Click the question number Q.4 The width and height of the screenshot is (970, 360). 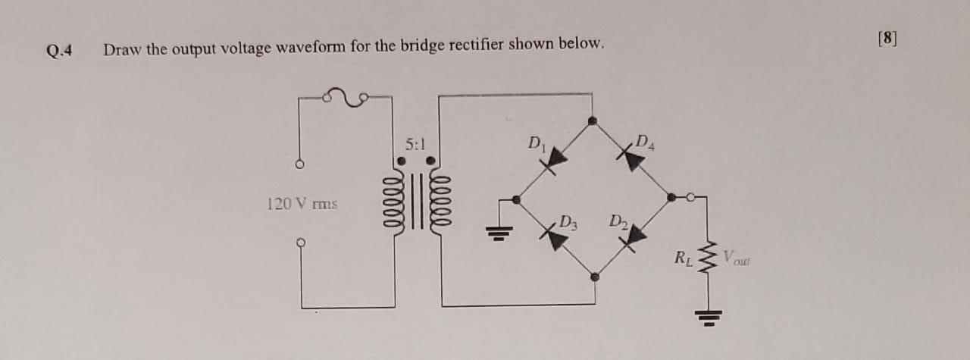[x=59, y=52]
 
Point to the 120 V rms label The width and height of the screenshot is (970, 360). [x=302, y=204]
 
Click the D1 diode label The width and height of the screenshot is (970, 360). [x=536, y=142]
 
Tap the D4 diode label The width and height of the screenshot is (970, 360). [x=645, y=140]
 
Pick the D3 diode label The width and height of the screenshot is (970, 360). [x=569, y=223]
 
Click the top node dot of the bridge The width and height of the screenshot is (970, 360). [x=593, y=120]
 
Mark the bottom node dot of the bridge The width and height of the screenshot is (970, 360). [x=595, y=277]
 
